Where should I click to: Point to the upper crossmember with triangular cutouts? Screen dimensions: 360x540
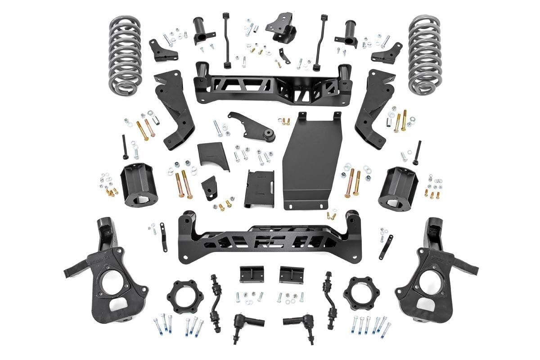coord(270,85)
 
